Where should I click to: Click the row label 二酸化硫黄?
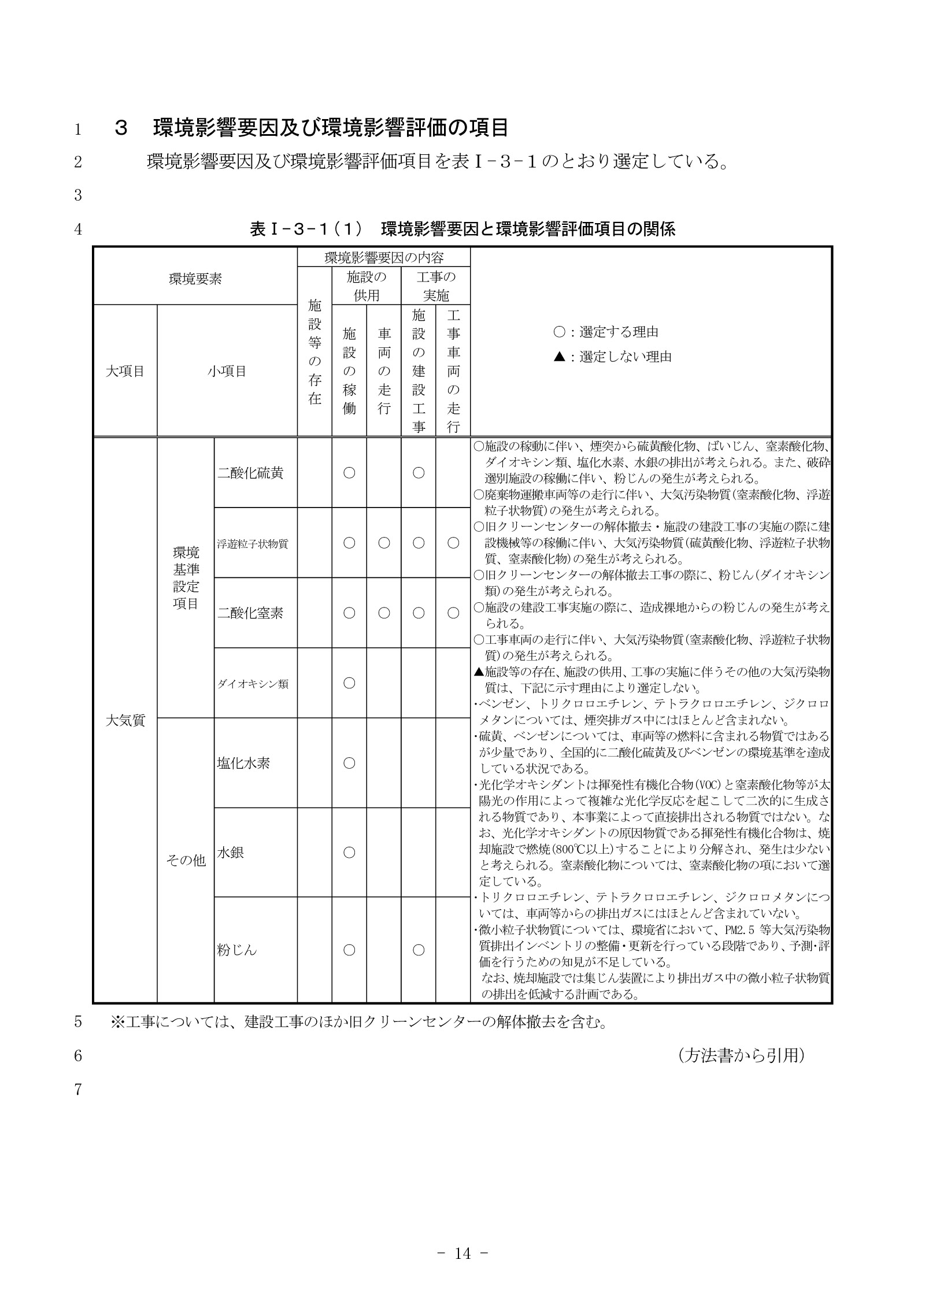point(250,473)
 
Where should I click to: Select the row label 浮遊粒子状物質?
point(253,543)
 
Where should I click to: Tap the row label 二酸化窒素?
point(250,613)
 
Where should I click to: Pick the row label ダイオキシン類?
point(253,684)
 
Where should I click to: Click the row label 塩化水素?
point(243,763)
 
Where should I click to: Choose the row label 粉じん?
point(236,950)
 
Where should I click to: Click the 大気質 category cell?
point(125,721)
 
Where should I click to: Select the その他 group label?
point(186,860)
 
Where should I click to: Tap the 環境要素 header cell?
point(195,279)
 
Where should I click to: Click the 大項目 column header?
point(125,371)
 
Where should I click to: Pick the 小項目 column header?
point(227,371)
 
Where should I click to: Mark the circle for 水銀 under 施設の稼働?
point(349,853)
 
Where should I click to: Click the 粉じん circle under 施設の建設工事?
point(419,950)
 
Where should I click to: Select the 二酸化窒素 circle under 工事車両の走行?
point(453,613)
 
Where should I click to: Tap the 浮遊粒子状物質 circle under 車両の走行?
point(384,543)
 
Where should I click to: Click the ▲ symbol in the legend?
point(559,357)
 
